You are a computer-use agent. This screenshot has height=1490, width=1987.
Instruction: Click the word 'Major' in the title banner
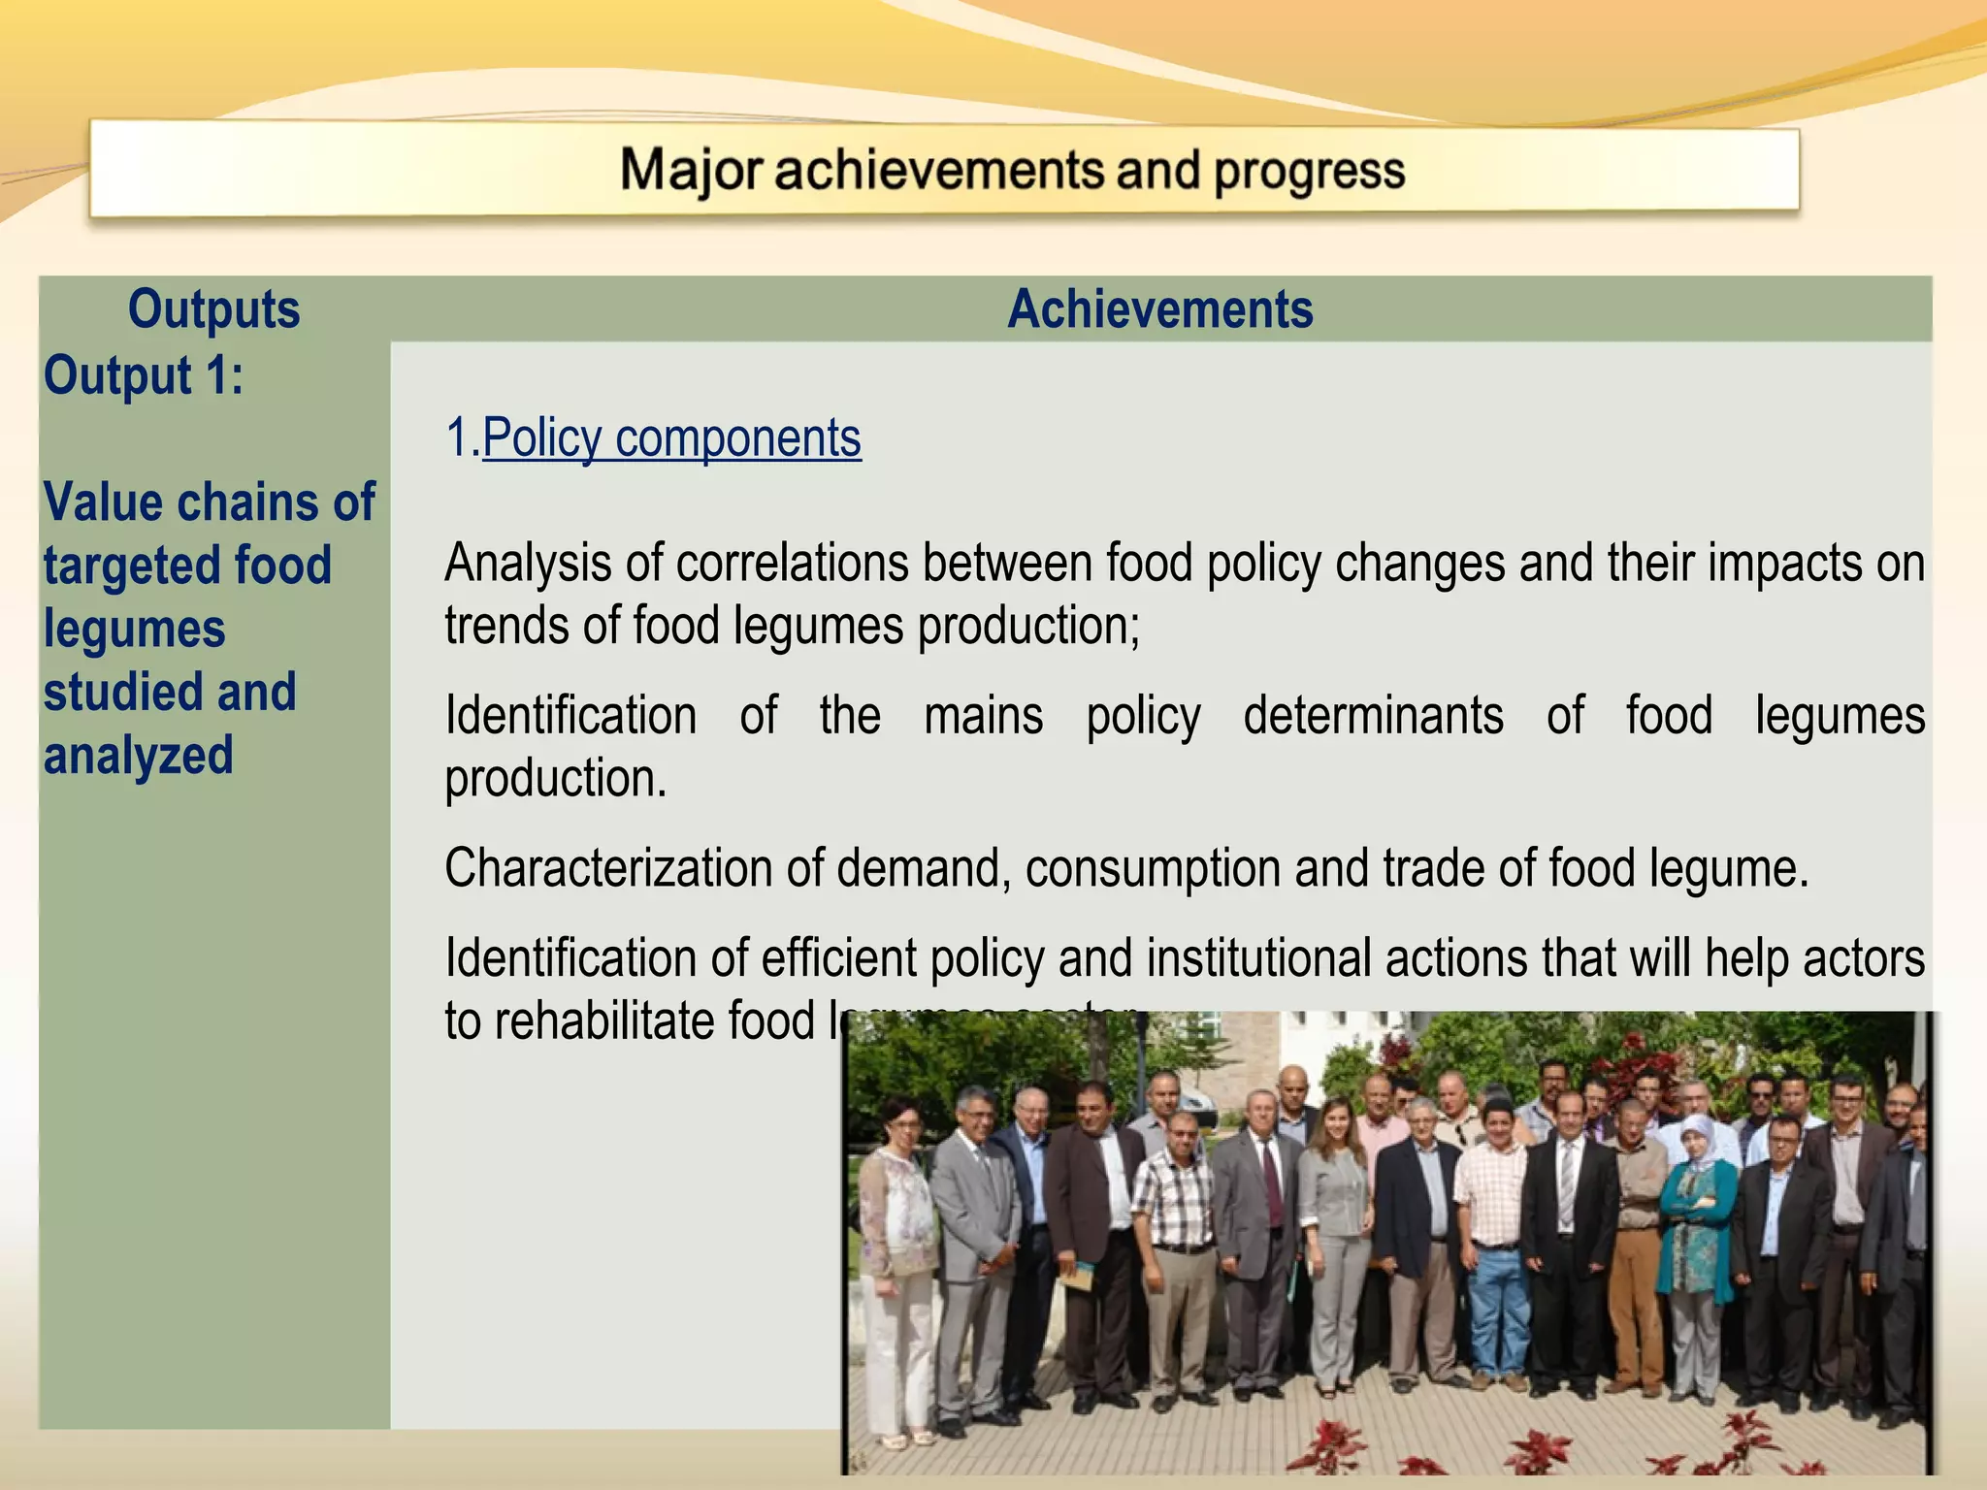coord(691,171)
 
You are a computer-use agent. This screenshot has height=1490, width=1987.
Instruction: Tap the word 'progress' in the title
coord(1309,173)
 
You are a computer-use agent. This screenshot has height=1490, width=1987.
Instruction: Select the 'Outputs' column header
coord(213,309)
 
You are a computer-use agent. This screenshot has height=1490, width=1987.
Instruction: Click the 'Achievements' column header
coord(1159,309)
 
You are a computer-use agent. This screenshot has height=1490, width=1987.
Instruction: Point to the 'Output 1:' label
coord(144,375)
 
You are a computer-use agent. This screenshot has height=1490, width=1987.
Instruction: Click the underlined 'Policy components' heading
coord(671,437)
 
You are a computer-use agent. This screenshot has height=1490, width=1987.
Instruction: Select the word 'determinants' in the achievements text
coord(1373,716)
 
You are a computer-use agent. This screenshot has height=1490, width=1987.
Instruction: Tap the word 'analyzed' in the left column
coord(139,756)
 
